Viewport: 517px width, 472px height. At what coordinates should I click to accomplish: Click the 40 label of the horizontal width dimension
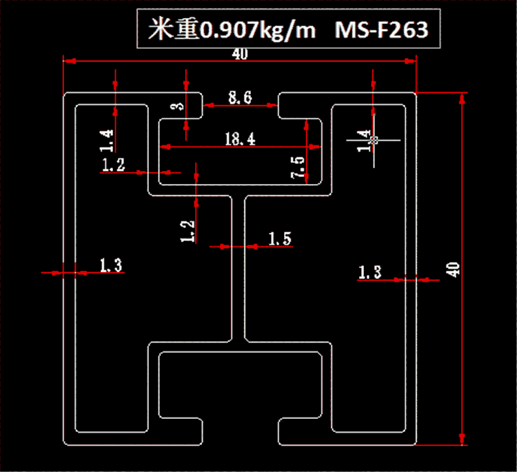(x=240, y=55)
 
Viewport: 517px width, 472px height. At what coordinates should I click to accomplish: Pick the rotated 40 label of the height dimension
(x=453, y=269)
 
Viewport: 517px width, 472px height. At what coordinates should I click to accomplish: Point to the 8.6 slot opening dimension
(x=240, y=99)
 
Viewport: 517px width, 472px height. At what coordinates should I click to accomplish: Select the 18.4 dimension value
(x=240, y=139)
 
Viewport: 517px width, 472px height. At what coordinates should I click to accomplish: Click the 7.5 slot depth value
(x=298, y=168)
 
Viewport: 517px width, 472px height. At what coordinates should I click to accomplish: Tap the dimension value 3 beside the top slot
(x=178, y=105)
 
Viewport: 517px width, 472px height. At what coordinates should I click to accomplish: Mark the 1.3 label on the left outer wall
(x=112, y=265)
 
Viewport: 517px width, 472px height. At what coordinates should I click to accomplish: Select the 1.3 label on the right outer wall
(x=369, y=272)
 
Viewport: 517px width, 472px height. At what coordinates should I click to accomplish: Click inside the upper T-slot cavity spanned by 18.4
(x=240, y=165)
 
